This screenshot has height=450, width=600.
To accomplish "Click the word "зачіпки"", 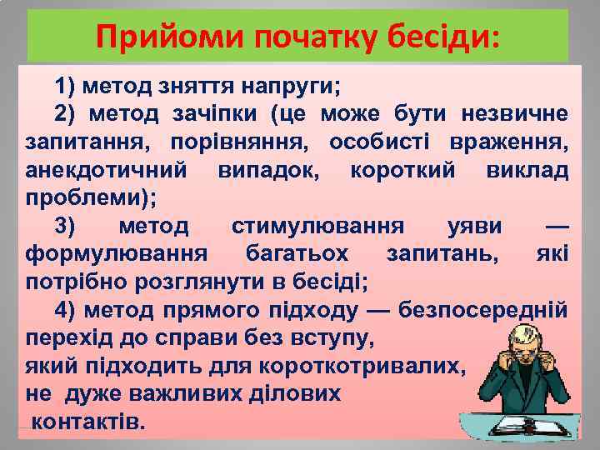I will pos(221,113).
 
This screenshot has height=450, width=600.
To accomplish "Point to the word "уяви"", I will pos(475,227).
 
